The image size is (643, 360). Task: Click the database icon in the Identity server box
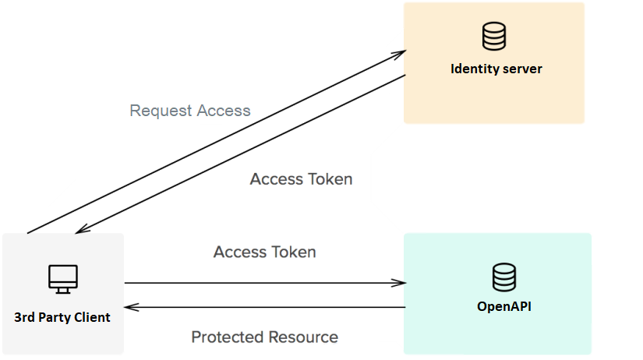[x=493, y=36]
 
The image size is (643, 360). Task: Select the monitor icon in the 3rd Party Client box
[x=62, y=278]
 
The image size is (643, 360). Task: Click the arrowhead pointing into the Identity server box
[x=399, y=55]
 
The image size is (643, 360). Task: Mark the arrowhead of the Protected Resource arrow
[x=130, y=307]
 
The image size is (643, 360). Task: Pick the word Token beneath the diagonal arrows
[x=330, y=179]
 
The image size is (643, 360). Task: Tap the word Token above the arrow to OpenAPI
[x=293, y=252]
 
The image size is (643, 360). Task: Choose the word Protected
[x=227, y=337]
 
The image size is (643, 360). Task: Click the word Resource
[x=303, y=337]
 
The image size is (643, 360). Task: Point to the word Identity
[x=475, y=69]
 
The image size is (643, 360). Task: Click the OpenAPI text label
[x=503, y=306]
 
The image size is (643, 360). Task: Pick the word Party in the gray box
[x=55, y=317]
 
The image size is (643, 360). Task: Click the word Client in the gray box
[x=93, y=317]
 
